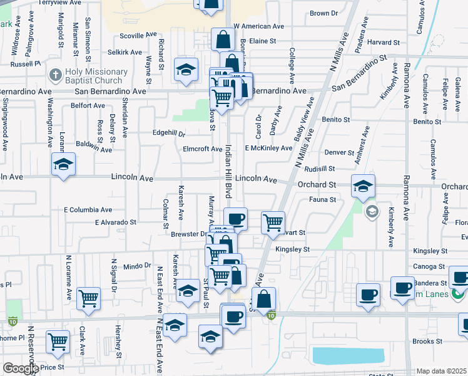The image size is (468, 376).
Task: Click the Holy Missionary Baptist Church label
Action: coord(96,76)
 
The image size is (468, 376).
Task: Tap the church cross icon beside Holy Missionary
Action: coord(56,75)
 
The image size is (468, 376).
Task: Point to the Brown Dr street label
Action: coord(323,13)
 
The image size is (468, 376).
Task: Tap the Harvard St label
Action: coord(384,43)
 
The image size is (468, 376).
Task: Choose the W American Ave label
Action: coord(260,26)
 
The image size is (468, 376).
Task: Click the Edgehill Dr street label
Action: coord(170,133)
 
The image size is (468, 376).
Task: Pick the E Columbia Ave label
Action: coord(88,210)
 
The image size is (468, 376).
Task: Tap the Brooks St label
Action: coord(427,342)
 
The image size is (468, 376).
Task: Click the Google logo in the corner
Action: coord(21,368)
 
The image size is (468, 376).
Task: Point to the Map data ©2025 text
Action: coord(442,371)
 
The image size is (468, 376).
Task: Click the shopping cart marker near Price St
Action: coord(58,341)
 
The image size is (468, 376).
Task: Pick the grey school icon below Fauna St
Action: coord(372,211)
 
